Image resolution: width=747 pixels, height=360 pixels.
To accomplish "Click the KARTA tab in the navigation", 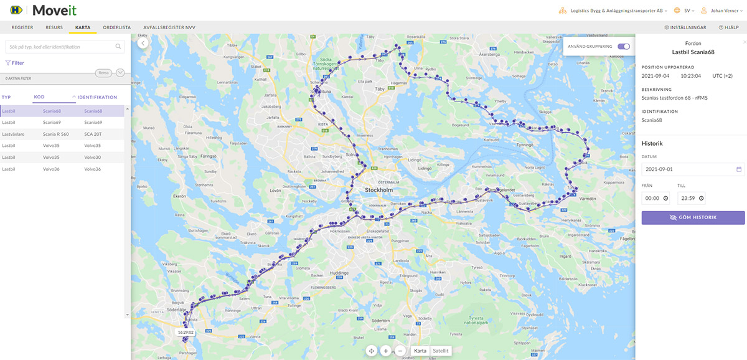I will click(83, 27).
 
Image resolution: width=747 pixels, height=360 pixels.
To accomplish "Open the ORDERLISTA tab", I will click(117, 27).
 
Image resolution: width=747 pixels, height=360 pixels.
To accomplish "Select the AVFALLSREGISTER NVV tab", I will click(169, 27).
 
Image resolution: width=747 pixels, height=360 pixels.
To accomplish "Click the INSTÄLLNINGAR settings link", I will click(685, 27).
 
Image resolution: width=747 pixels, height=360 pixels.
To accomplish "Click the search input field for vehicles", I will click(61, 47).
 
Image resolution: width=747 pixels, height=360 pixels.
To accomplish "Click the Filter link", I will click(15, 63).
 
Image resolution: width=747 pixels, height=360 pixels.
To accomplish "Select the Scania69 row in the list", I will click(62, 123).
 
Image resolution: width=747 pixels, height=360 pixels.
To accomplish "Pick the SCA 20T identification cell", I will click(94, 134).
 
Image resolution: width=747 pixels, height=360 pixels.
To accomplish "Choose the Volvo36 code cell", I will click(51, 169).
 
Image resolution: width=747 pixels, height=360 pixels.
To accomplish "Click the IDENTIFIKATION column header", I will click(97, 97).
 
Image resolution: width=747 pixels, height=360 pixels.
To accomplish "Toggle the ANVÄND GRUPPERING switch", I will click(624, 46).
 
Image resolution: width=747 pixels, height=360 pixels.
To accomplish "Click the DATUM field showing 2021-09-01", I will click(693, 169).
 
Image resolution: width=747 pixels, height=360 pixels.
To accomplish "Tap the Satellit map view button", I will click(440, 351).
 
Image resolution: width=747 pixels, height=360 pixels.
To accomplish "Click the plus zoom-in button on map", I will click(386, 351).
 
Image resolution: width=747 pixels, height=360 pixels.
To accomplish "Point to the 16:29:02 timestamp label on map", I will click(186, 333).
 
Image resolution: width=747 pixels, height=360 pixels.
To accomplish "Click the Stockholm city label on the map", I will click(378, 189).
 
